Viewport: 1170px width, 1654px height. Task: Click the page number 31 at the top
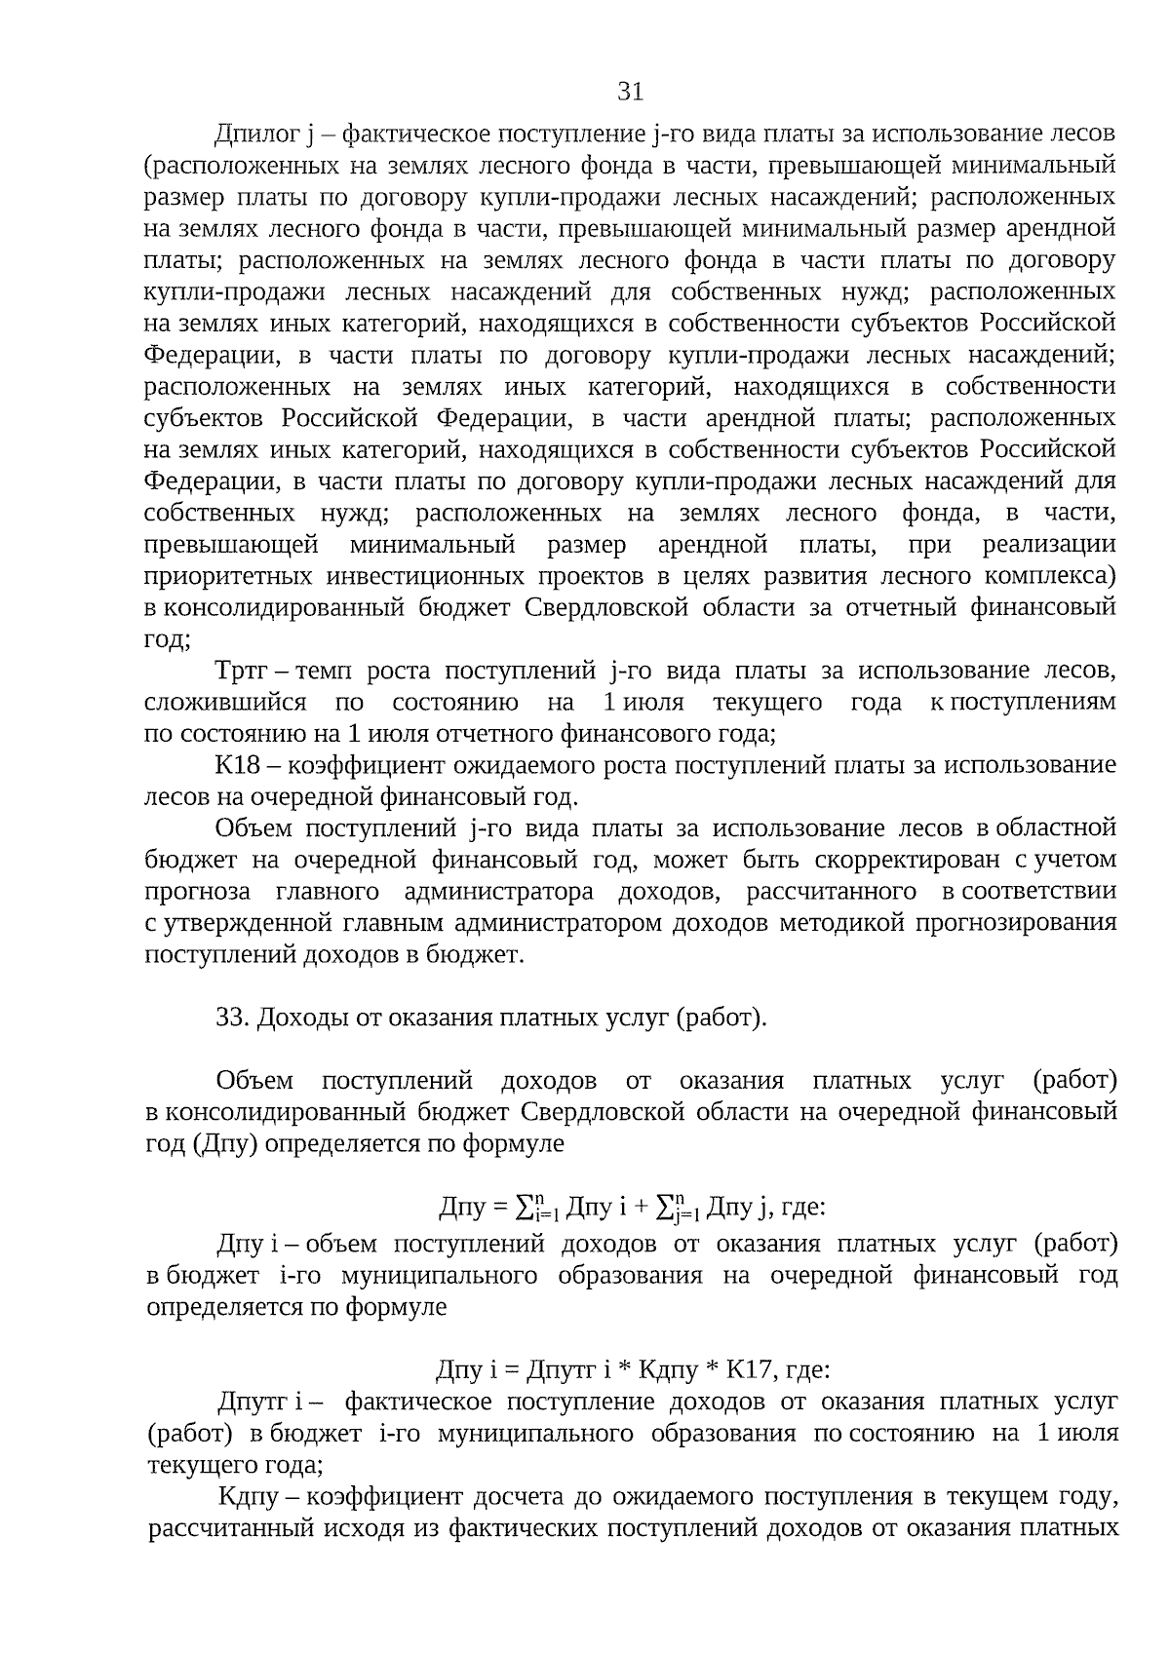[x=631, y=93]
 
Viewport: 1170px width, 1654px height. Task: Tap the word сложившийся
[x=225, y=703]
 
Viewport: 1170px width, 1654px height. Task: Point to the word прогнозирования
[x=1017, y=923]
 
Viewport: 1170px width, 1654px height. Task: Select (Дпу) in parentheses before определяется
[x=225, y=1144]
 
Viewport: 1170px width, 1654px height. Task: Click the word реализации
[x=1049, y=545]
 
